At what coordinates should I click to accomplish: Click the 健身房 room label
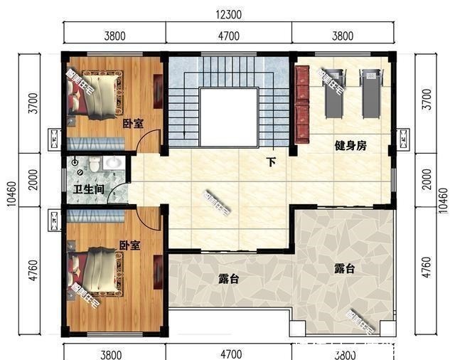350,146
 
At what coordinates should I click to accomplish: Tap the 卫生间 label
89,190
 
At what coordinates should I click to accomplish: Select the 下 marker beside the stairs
271,162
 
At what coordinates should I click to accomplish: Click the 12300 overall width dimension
228,14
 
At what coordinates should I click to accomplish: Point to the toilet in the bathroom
79,168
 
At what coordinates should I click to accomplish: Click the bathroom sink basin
112,164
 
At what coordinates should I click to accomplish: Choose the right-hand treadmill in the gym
370,92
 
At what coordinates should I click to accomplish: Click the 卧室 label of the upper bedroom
132,124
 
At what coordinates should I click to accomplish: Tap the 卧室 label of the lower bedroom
129,245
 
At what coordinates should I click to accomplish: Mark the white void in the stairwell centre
227,115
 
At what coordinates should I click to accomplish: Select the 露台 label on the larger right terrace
345,268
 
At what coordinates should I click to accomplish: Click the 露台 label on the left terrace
227,280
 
